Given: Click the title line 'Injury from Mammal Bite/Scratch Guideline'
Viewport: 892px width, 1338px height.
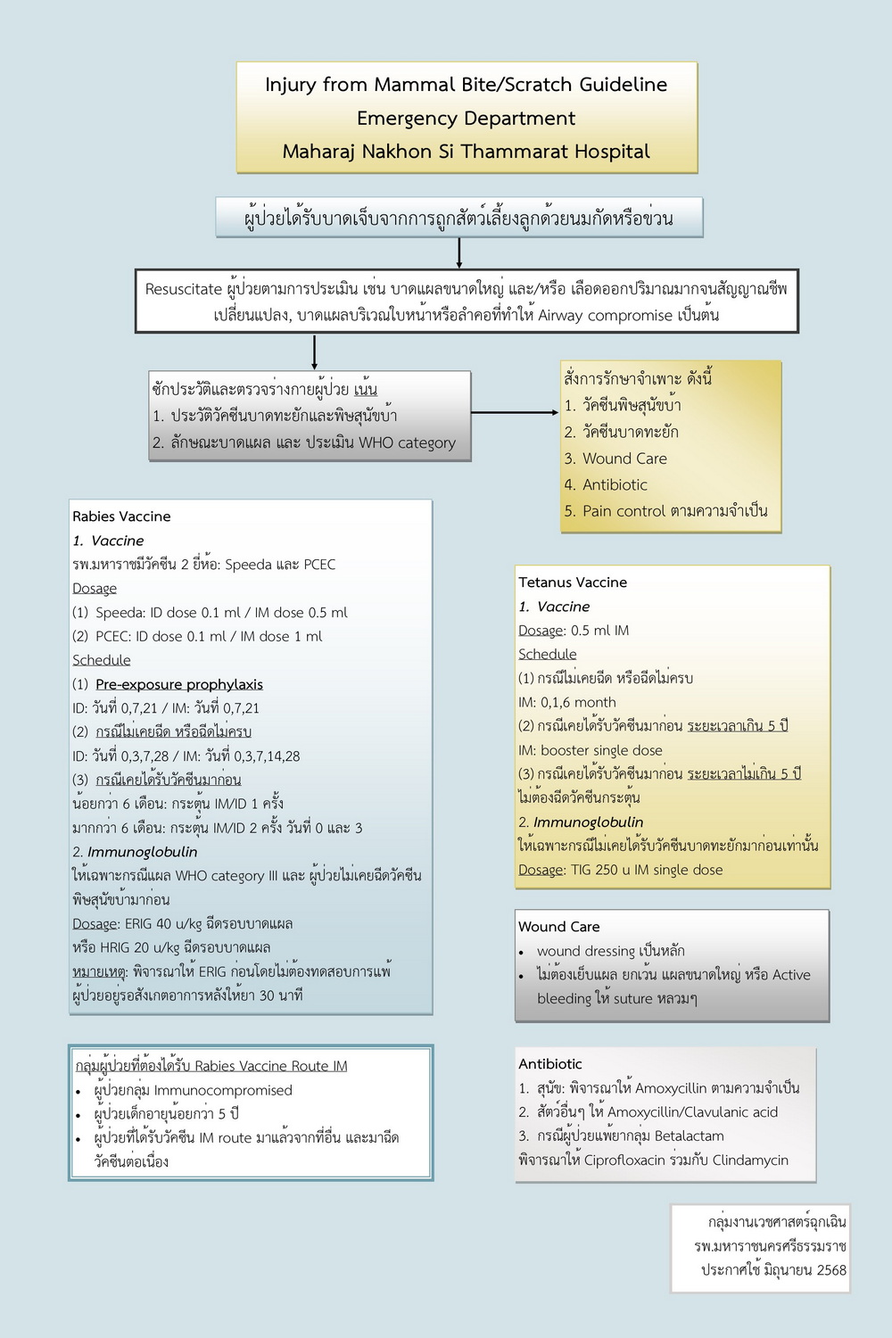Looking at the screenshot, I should (x=466, y=85).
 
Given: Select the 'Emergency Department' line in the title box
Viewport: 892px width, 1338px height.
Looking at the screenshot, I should (x=466, y=119).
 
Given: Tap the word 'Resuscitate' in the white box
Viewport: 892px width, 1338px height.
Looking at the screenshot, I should (x=183, y=289).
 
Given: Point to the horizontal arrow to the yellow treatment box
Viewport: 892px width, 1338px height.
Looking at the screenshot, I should (x=515, y=413).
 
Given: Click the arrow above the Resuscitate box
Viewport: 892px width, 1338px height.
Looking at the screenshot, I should (x=458, y=252).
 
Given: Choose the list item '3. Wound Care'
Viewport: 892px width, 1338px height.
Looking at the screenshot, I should (x=615, y=458).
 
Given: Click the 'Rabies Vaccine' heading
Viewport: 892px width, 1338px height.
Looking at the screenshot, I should (x=121, y=516).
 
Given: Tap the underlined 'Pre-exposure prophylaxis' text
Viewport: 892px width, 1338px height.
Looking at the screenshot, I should (x=179, y=684).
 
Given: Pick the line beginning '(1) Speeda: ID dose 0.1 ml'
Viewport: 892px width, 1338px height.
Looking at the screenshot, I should (x=210, y=613).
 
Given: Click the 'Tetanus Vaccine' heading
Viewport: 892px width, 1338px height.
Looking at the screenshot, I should (x=573, y=582).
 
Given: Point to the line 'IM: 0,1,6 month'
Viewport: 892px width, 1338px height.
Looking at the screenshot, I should (x=567, y=702).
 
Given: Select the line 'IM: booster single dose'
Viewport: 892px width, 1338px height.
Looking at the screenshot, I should (x=591, y=750).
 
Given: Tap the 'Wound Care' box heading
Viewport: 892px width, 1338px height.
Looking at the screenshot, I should (x=559, y=927).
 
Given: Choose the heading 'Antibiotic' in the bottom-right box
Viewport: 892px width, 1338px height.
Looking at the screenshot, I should (x=550, y=1064).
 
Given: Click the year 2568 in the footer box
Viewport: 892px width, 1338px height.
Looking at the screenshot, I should (x=830, y=1270).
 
